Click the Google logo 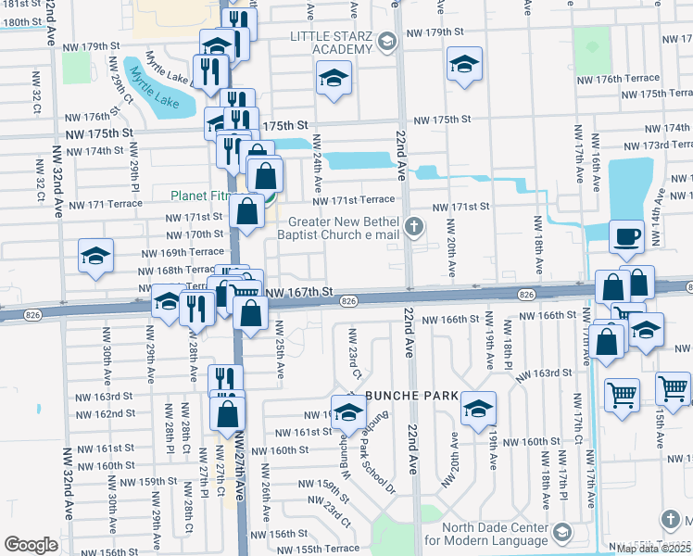click(31, 545)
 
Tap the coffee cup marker click(627, 236)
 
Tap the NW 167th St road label click(299, 292)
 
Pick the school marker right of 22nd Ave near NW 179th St click(464, 64)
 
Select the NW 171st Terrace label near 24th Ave click(353, 200)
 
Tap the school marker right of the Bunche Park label click(478, 407)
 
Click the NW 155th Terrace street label click(316, 549)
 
